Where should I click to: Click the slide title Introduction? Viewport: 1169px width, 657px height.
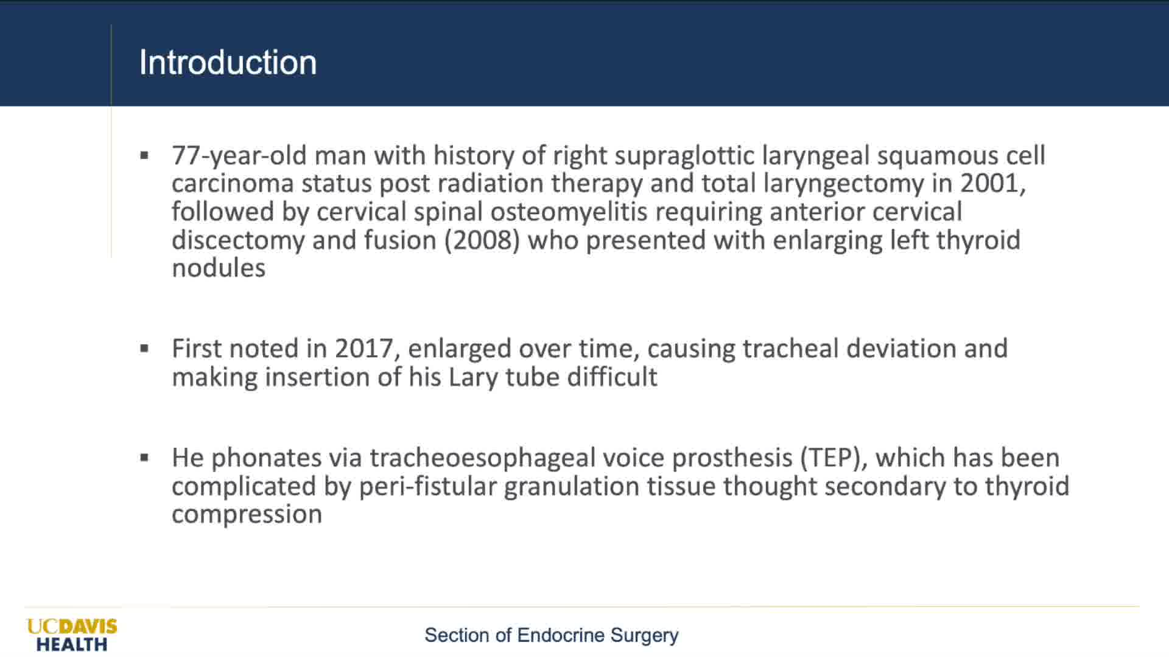pos(228,62)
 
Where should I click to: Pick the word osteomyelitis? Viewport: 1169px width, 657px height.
pos(569,212)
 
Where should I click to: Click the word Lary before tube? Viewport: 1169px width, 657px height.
pos(473,377)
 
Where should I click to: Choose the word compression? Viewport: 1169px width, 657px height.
pos(247,515)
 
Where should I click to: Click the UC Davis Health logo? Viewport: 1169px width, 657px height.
pos(72,635)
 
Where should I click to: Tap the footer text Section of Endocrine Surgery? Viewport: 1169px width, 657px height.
pos(551,635)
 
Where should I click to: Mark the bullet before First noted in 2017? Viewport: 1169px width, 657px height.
pos(144,349)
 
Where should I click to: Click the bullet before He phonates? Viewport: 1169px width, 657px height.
pos(144,457)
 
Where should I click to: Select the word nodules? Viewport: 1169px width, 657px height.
pos(219,268)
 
